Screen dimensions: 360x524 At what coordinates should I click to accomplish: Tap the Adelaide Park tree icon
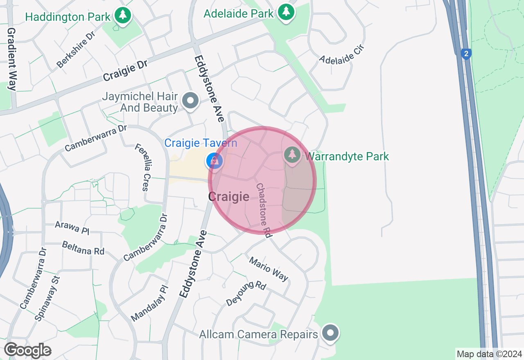tap(286, 12)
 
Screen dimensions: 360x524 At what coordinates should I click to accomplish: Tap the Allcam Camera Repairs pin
tap(330, 333)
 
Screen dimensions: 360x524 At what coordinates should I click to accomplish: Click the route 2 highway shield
tap(465, 54)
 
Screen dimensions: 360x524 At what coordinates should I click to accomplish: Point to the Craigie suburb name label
tap(228, 197)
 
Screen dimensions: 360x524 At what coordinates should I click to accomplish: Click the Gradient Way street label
tap(11, 59)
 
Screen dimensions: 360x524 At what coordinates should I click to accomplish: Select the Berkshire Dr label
tap(76, 49)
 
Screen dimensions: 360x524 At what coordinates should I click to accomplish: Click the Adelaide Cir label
tap(341, 55)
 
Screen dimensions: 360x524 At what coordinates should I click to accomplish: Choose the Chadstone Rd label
tap(264, 210)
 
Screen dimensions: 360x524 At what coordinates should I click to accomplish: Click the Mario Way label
tap(269, 269)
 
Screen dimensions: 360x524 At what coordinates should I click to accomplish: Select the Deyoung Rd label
tap(246, 294)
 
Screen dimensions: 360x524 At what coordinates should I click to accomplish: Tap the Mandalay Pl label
tap(149, 303)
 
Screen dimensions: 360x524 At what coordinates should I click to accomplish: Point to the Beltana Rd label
tap(84, 248)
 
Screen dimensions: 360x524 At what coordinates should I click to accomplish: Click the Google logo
tap(28, 350)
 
